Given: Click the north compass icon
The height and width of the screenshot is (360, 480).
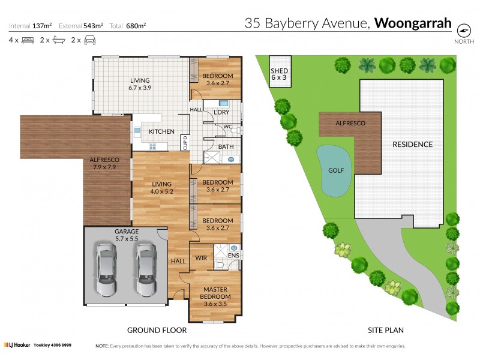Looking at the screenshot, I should [x=463, y=30].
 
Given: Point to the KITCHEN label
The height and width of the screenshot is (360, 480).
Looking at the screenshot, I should [x=161, y=131].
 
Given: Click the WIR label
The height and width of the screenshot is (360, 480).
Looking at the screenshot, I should [x=201, y=259].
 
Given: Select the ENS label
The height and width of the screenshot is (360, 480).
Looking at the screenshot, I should [x=233, y=256].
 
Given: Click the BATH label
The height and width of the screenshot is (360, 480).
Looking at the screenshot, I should [x=226, y=146].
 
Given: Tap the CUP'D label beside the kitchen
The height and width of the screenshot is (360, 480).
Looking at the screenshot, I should [x=185, y=142].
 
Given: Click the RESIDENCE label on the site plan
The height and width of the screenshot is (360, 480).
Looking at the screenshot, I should [x=412, y=145].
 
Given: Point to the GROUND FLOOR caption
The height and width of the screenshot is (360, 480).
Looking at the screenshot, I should [x=157, y=330].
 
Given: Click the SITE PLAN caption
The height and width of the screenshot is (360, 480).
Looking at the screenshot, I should [x=385, y=330].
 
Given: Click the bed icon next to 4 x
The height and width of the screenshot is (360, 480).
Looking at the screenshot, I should [x=28, y=40].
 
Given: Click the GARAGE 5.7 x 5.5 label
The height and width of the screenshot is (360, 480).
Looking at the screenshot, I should [x=127, y=235].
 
